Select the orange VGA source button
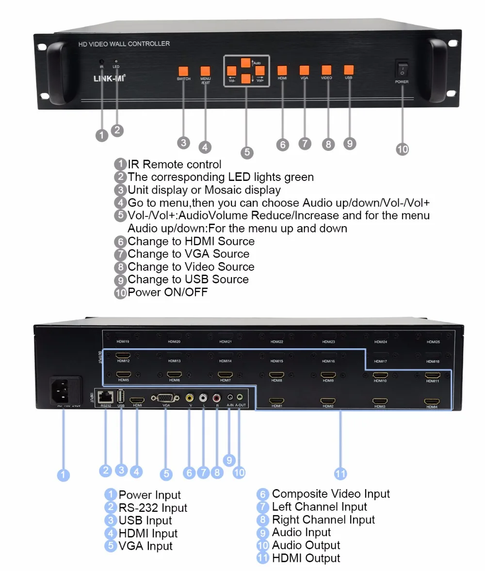pyautogui.click(x=304, y=70)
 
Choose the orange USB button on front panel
pyautogui.click(x=349, y=69)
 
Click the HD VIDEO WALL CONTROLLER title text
pyautogui.click(x=124, y=44)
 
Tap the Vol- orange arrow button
pyautogui.click(x=232, y=71)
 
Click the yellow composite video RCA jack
pyautogui.click(x=190, y=397)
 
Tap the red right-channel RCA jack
pyautogui.click(x=217, y=397)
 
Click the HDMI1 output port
pyautogui.click(x=277, y=401)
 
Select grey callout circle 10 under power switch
pyautogui.click(x=403, y=148)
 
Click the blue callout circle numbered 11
pyautogui.click(x=341, y=473)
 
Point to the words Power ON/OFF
pyautogui.click(x=168, y=292)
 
